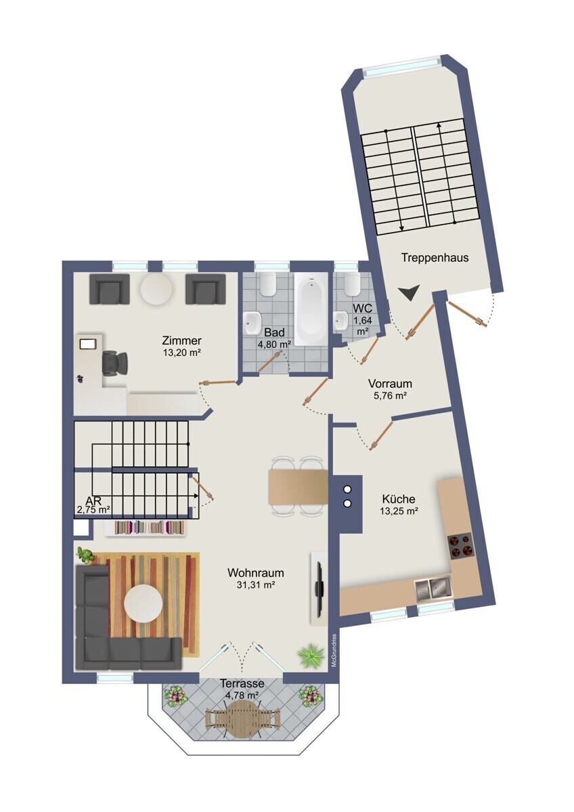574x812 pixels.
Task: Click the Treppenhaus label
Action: [435, 258]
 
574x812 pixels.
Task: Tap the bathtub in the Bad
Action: [311, 309]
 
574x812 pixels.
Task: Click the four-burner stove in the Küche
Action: [460, 545]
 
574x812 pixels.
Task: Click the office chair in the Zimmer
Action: [116, 363]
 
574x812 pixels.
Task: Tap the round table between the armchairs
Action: [157, 288]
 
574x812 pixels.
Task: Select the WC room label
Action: [362, 308]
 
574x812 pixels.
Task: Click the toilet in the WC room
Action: [352, 284]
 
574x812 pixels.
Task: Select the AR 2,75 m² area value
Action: [93, 510]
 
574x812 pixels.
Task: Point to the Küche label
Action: [399, 499]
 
